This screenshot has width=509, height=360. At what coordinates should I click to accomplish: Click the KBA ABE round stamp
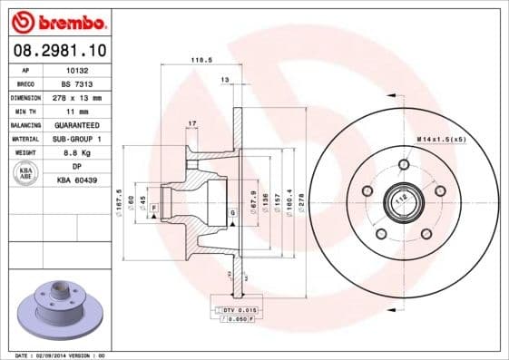[x=24, y=174]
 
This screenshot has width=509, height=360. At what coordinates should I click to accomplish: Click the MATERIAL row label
[x=24, y=139]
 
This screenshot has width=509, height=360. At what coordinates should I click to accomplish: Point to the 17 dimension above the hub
[x=191, y=122]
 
